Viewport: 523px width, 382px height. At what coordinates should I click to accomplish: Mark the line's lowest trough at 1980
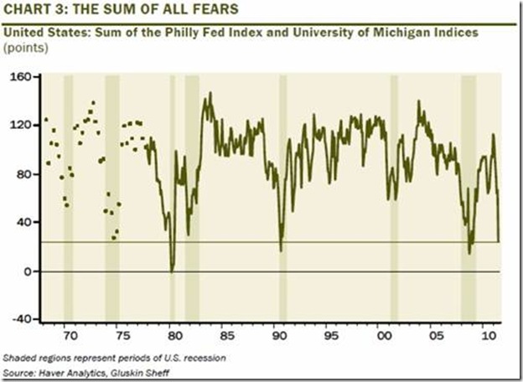tap(172, 270)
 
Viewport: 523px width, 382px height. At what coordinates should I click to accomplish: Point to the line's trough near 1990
tap(281, 250)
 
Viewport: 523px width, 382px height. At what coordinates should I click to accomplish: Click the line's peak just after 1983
tap(208, 93)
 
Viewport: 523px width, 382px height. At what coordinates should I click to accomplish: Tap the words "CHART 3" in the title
tap(33, 10)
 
